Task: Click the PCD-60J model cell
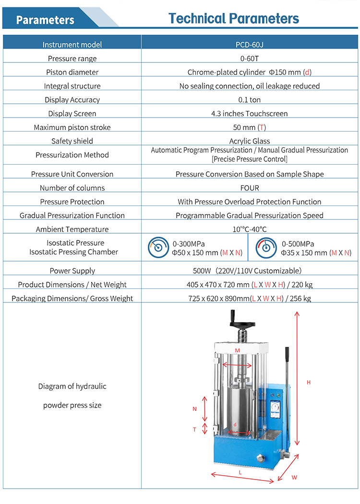250,45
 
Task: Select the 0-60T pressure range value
250,59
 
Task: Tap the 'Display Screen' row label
72,114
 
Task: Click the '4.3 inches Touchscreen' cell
250,114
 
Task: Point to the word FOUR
250,188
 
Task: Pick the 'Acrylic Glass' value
250,141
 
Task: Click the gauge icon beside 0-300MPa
158,247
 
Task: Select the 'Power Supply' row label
72,271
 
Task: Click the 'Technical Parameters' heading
234,19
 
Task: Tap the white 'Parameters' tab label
45,20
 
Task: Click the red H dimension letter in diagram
309,382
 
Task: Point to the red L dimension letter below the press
240,472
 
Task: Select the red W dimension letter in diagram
294,478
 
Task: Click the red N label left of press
194,409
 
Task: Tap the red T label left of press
194,429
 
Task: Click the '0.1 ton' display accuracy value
250,100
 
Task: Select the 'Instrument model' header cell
72,45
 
